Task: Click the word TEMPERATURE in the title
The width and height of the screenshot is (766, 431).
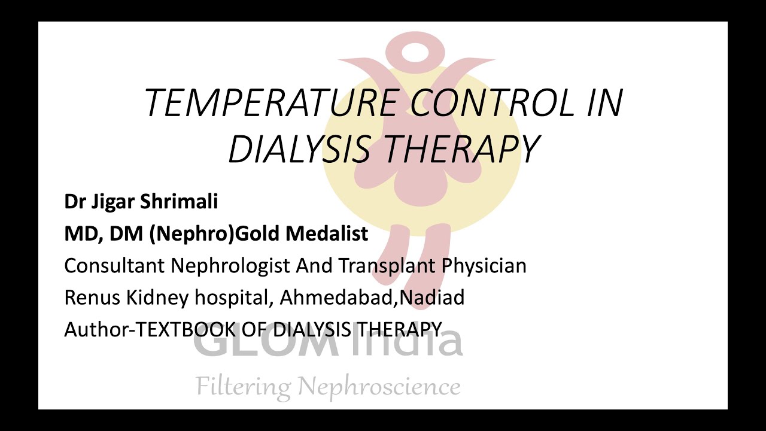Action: coord(270,102)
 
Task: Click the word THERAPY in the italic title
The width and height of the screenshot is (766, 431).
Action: coord(464,149)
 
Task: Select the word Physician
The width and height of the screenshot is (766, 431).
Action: coord(484,266)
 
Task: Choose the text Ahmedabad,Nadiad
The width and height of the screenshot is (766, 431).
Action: coord(372,298)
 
